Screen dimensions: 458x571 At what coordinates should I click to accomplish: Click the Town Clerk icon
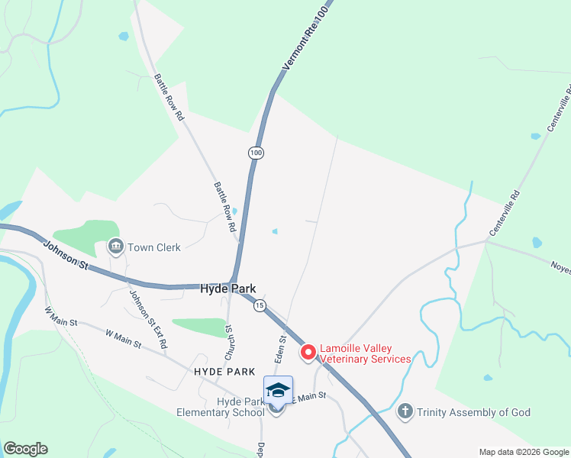(x=116, y=247)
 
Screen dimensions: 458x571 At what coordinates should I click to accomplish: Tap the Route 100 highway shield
(x=256, y=153)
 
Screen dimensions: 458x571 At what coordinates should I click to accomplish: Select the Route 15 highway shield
(x=260, y=305)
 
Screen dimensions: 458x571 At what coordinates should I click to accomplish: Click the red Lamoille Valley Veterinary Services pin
(x=308, y=352)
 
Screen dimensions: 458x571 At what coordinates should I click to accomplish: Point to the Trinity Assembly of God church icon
(x=405, y=412)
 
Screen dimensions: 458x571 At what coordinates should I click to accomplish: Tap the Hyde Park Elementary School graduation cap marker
(x=278, y=390)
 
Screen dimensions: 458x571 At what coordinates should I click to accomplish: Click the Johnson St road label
(x=66, y=254)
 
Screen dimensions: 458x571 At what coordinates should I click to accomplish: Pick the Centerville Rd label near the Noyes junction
(x=505, y=212)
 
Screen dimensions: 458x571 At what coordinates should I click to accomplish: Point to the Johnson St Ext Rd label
(x=148, y=320)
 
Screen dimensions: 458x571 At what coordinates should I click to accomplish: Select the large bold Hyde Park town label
(x=227, y=289)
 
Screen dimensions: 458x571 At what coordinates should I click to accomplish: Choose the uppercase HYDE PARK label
(x=224, y=371)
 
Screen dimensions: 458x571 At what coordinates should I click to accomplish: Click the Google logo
(x=25, y=449)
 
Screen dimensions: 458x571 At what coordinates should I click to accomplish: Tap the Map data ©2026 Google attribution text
(x=523, y=452)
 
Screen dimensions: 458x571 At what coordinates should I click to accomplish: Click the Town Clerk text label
(x=153, y=247)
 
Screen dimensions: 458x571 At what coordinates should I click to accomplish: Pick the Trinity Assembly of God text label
(x=473, y=412)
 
